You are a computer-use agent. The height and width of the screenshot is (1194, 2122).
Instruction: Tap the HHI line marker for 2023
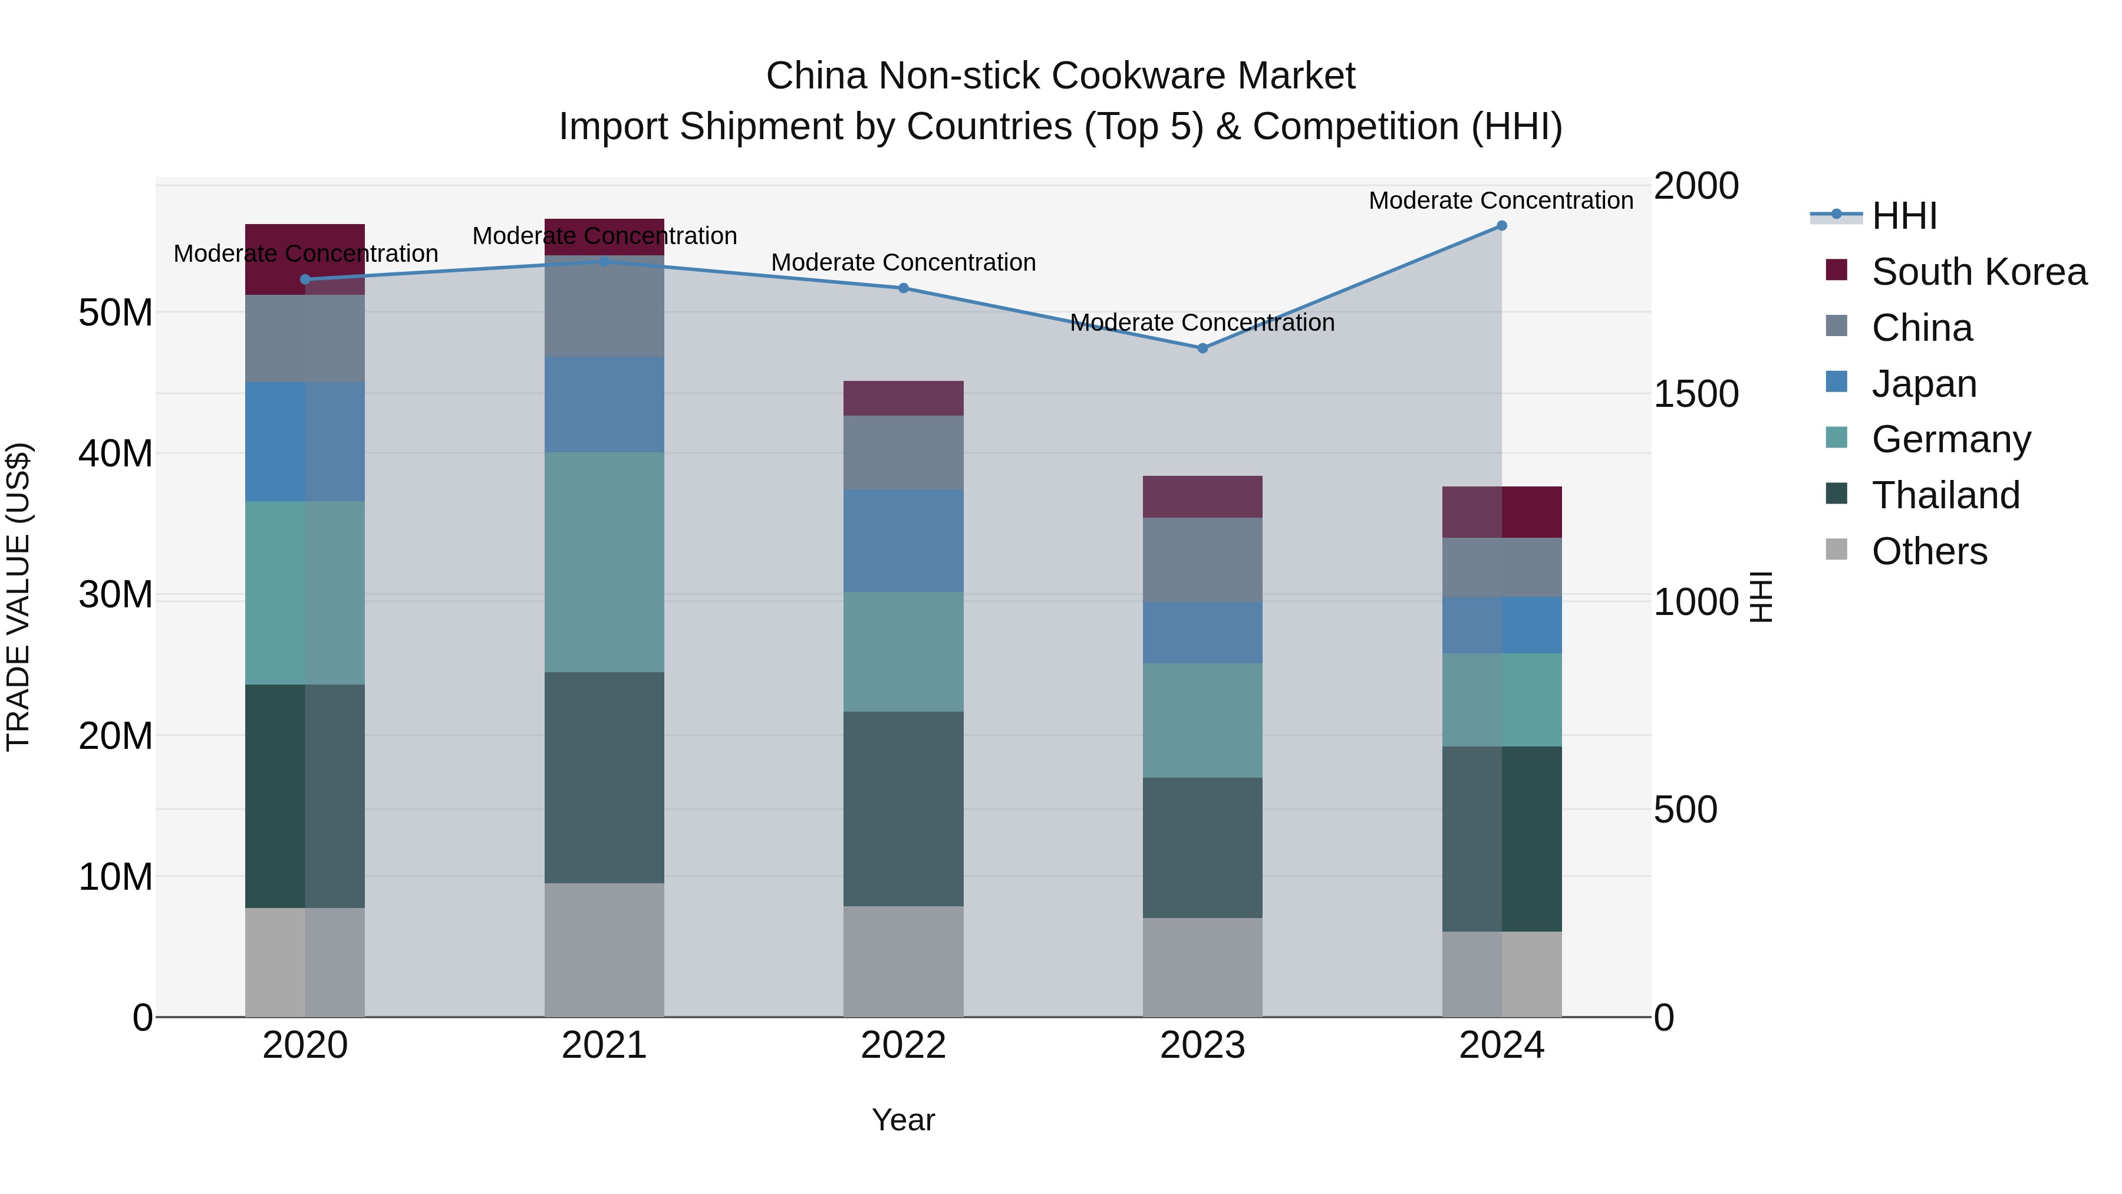(1202, 348)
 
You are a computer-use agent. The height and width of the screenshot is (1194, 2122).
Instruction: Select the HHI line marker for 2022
(903, 288)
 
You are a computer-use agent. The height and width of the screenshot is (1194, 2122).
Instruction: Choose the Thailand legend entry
(1945, 495)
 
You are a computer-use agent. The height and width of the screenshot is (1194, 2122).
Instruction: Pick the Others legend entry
(1929, 551)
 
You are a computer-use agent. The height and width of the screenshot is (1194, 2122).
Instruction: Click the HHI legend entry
(1904, 216)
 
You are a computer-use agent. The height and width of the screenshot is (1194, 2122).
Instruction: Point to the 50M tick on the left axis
(116, 313)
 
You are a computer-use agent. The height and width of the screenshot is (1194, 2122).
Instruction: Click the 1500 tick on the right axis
(1696, 394)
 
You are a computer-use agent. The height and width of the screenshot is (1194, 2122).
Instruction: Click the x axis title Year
(903, 1120)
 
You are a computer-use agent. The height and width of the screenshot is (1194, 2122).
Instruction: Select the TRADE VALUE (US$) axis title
(18, 597)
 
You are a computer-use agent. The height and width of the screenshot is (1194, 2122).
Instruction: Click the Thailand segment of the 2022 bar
(903, 808)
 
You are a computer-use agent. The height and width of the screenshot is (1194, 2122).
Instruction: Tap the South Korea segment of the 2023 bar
(1202, 497)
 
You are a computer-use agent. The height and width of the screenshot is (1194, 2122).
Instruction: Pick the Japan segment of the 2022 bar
(903, 541)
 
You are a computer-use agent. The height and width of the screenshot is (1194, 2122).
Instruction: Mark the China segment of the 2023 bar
(1202, 560)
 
